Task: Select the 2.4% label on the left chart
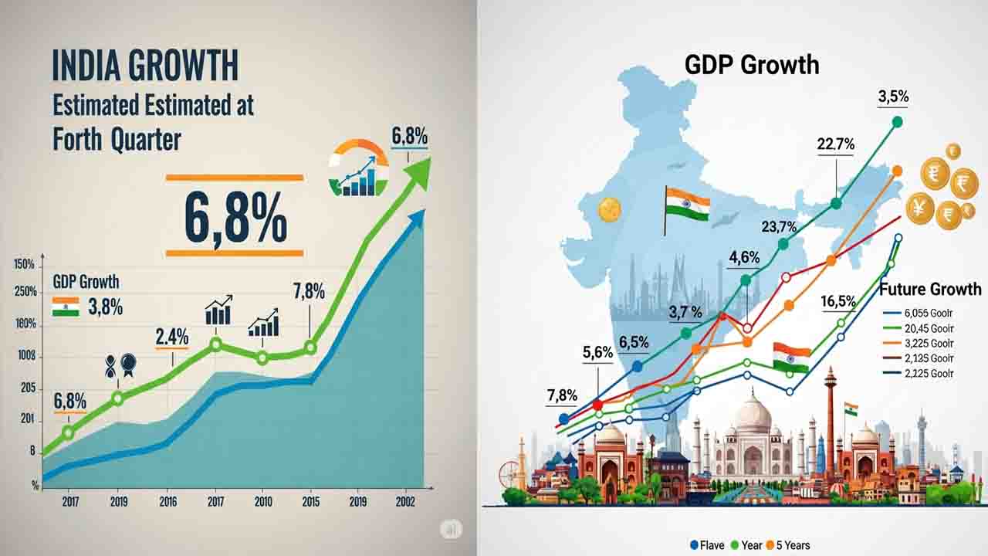(171, 337)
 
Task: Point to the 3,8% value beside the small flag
(106, 307)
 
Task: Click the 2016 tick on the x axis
(167, 501)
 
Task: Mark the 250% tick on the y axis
(25, 293)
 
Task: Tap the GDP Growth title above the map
(751, 64)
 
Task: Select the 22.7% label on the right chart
(835, 144)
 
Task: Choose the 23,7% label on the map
(779, 226)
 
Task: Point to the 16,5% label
(838, 301)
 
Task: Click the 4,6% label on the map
(744, 258)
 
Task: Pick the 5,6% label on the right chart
(597, 353)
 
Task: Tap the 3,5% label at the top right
(893, 97)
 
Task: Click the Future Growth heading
(930, 290)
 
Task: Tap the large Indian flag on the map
(687, 205)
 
